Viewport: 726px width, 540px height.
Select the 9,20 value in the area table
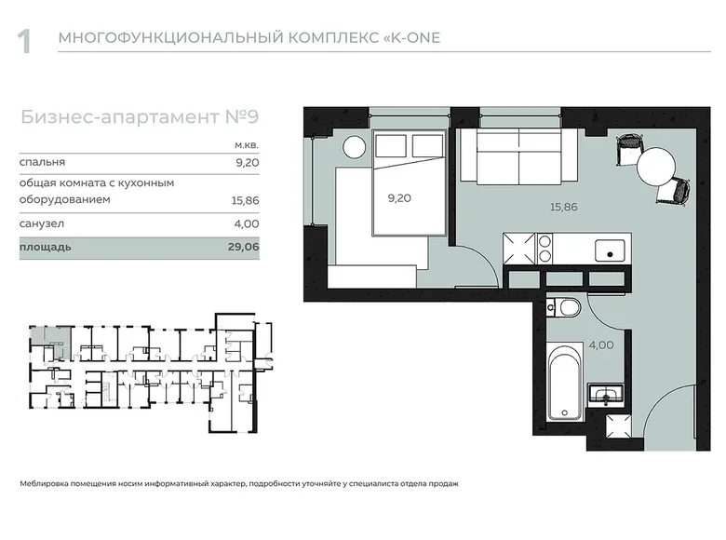(x=246, y=162)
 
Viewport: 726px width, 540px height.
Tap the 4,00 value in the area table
(x=246, y=224)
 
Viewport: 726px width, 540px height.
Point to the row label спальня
(x=42, y=162)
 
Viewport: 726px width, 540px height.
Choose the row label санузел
(x=42, y=224)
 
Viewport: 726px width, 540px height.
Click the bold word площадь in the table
(x=45, y=249)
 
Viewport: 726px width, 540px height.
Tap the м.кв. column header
(x=246, y=145)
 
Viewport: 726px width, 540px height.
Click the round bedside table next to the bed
(x=354, y=147)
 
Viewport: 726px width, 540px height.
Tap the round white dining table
(x=657, y=168)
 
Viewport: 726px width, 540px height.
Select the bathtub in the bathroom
(x=565, y=383)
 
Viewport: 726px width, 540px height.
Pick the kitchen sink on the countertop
(x=611, y=249)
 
